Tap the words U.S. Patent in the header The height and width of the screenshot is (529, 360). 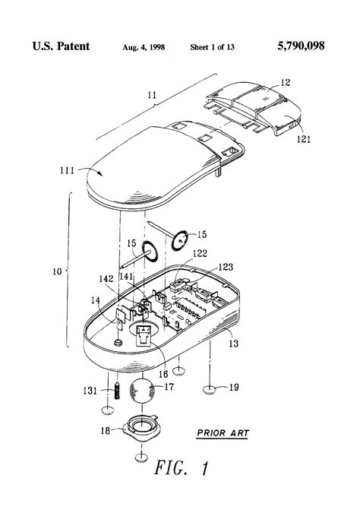61,47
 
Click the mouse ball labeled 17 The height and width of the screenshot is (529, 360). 142,392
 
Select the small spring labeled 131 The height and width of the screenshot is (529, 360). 118,391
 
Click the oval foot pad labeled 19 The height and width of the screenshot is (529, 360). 210,391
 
